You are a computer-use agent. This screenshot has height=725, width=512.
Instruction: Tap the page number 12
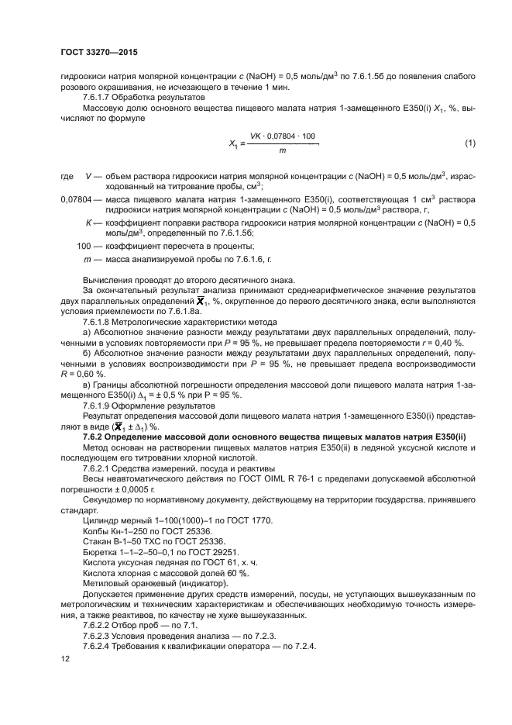tap(64, 658)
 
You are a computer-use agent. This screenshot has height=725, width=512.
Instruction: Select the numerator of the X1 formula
tap(283, 136)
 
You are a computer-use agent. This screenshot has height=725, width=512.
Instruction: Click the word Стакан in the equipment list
tap(97, 540)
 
